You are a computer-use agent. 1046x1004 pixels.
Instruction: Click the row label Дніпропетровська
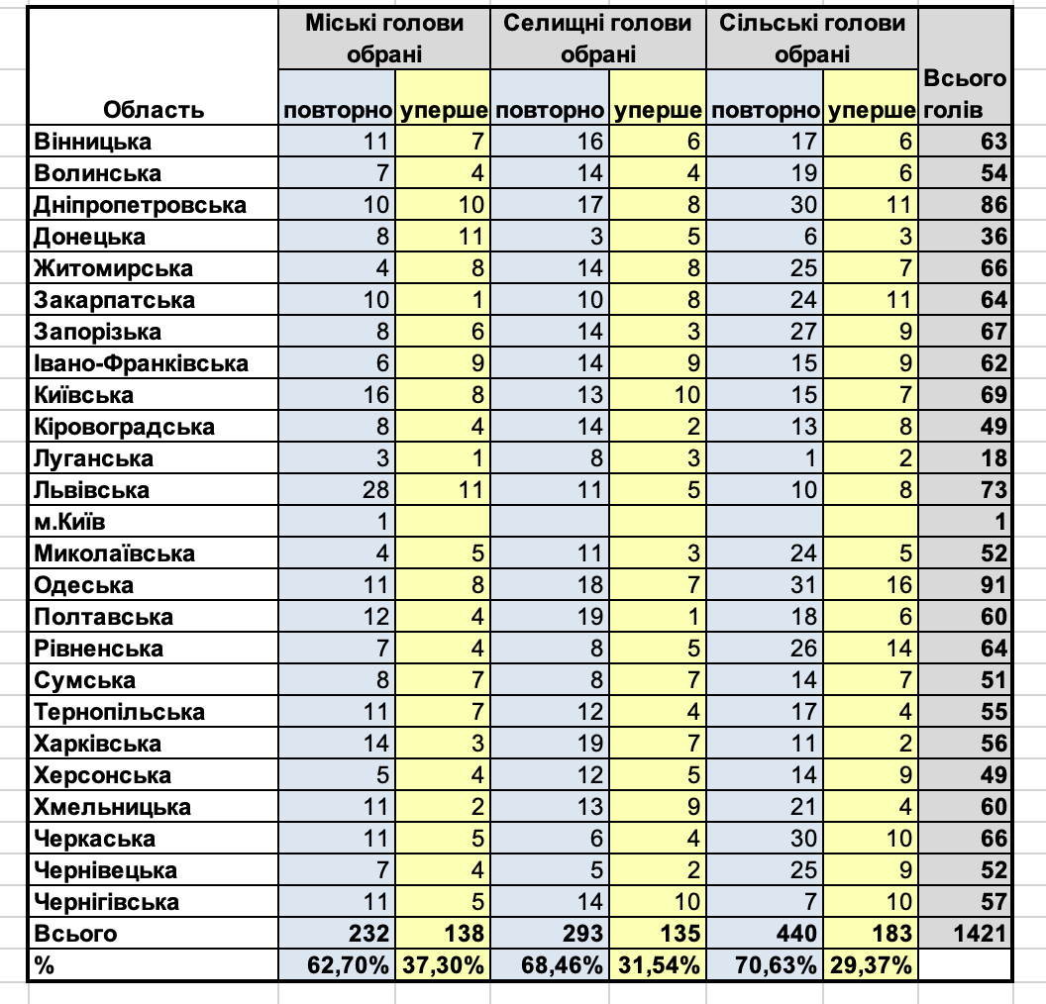pyautogui.click(x=140, y=205)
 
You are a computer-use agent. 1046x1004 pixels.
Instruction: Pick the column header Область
pyautogui.click(x=154, y=109)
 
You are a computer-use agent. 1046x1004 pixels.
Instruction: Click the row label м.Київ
pyautogui.click(x=77, y=522)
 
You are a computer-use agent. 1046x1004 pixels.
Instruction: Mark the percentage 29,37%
pyautogui.click(x=871, y=965)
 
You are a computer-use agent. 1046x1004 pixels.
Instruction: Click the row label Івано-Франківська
pyautogui.click(x=141, y=363)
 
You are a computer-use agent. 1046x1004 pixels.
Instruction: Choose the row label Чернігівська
pyautogui.click(x=106, y=902)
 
